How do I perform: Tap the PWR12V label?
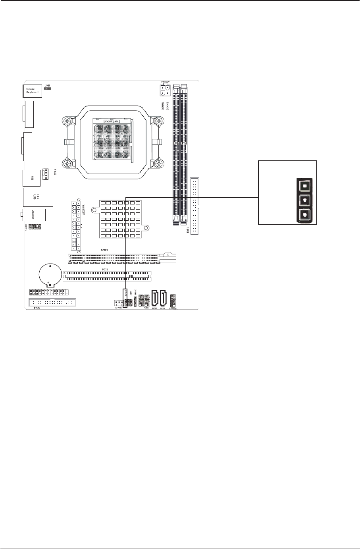click(165, 82)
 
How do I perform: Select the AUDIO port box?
click(34, 215)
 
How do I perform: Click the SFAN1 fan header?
click(118, 302)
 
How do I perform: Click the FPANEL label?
click(173, 308)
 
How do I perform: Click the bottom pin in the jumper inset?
click(304, 215)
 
